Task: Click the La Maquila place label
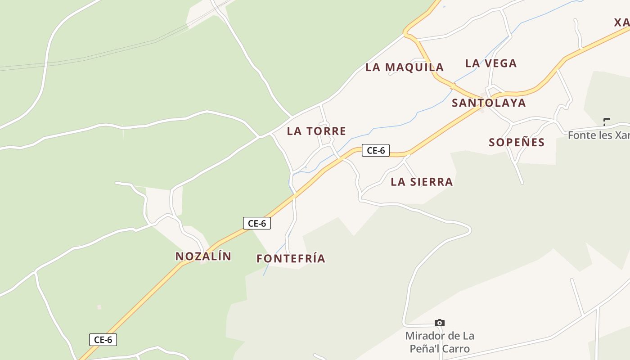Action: tap(405, 67)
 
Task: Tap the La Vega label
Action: tap(490, 63)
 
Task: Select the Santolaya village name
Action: tap(489, 103)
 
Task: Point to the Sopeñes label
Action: tap(517, 142)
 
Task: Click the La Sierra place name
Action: tap(422, 182)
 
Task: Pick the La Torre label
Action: tap(316, 131)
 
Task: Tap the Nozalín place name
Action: tap(203, 256)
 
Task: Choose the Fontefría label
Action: tap(291, 259)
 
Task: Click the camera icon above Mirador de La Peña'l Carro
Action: tap(440, 323)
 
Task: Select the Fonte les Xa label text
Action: tap(598, 135)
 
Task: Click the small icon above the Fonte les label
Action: tap(607, 121)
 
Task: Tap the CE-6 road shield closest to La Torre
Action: tap(376, 150)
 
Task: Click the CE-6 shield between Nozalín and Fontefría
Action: tap(257, 223)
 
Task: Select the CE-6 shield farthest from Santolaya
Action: tap(103, 340)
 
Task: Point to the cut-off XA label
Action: tap(622, 22)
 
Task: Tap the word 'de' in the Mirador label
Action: tap(455, 336)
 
